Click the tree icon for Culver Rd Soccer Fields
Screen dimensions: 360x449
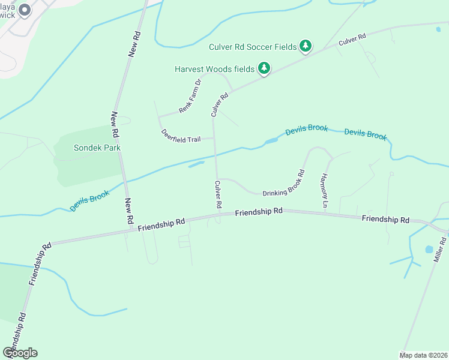tap(306, 46)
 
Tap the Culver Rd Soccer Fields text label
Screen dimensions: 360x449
tap(253, 47)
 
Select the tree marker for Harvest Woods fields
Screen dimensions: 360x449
tap(264, 68)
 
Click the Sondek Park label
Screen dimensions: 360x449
tap(97, 148)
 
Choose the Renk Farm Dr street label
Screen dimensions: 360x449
tap(190, 97)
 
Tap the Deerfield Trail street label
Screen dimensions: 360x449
tap(179, 135)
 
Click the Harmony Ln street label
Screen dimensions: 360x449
tap(325, 191)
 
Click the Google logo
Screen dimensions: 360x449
tap(20, 352)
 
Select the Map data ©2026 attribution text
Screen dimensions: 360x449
tap(423, 355)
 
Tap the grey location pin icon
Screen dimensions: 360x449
tap(25, 10)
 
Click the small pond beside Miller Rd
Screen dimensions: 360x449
tap(429, 249)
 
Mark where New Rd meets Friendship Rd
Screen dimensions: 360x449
tap(130, 227)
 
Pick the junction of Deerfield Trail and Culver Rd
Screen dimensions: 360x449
tap(214, 139)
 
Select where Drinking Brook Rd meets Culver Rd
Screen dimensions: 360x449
tap(217, 178)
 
